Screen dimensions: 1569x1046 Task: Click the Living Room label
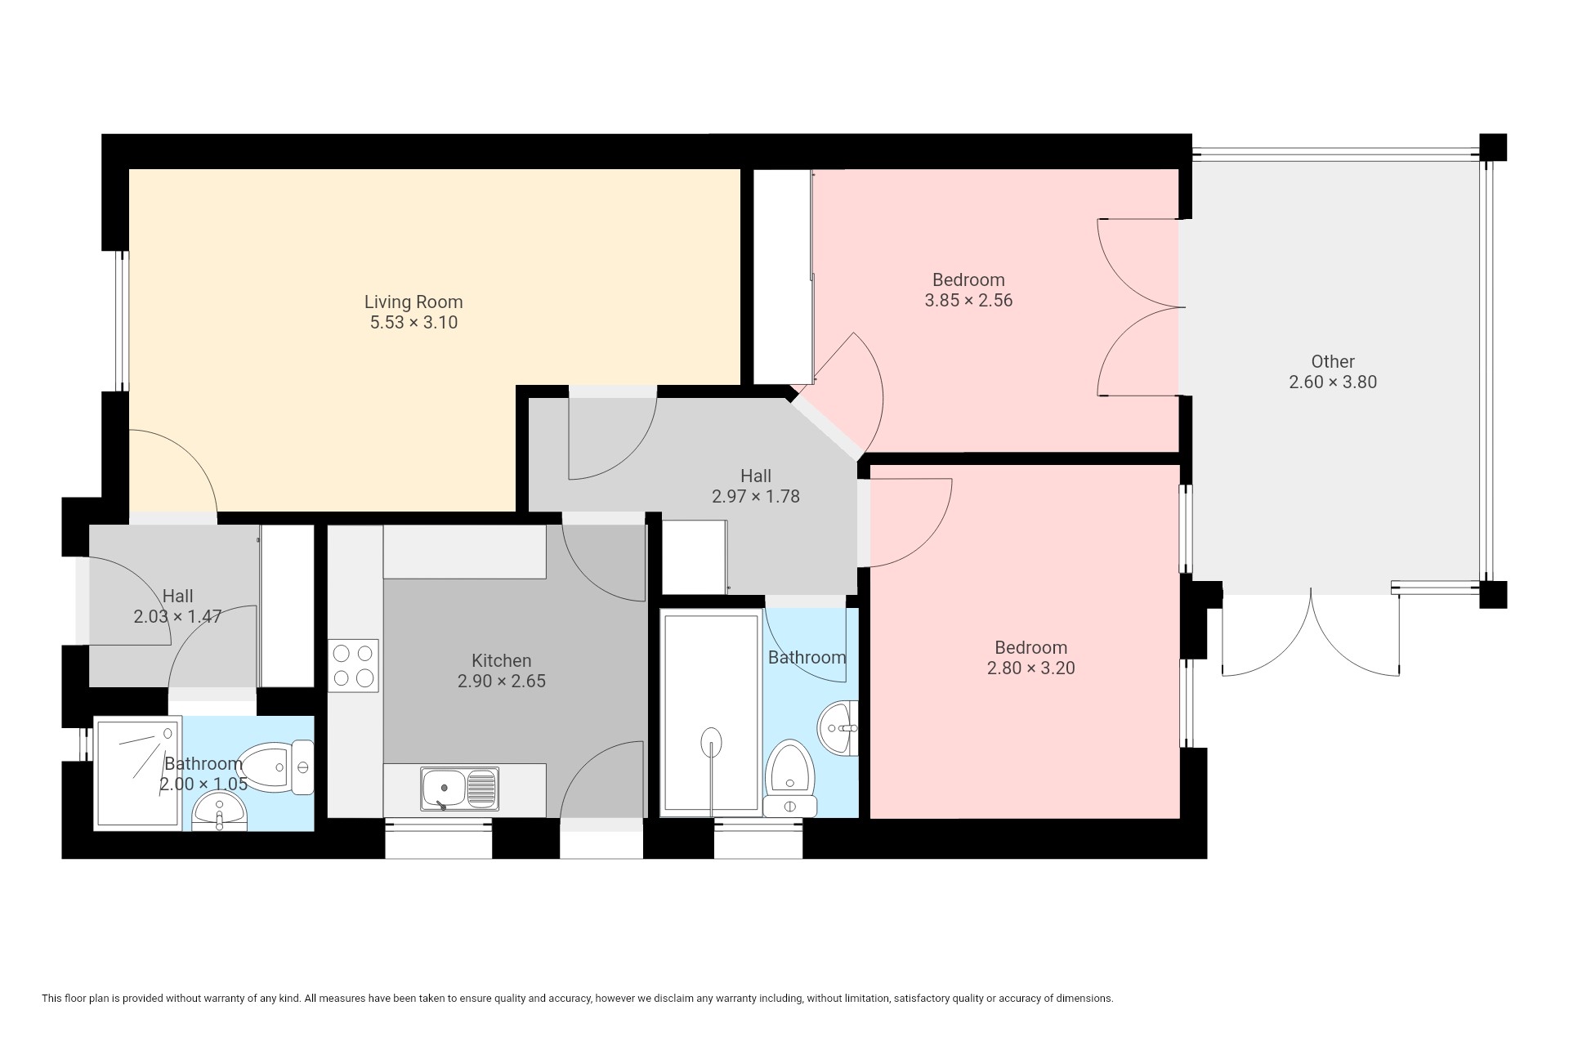[413, 302]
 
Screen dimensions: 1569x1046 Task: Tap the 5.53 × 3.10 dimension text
[413, 323]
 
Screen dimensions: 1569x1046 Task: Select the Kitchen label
[501, 660]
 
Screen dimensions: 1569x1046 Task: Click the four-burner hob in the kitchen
[354, 665]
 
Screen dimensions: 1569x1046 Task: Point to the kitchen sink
[459, 789]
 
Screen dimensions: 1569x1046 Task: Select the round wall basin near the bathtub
[838, 726]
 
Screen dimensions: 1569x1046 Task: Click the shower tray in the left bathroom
[137, 773]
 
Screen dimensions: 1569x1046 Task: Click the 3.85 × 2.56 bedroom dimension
[968, 301]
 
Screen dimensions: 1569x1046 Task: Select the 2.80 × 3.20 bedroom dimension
[1031, 668]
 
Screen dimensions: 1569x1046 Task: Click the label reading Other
[1333, 361]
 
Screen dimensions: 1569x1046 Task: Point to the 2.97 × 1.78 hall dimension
[756, 496]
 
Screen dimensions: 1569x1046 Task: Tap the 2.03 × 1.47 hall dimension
[177, 616]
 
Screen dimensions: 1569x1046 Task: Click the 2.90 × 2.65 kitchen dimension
[501, 681]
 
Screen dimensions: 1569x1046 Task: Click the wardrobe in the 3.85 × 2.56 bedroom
[783, 276]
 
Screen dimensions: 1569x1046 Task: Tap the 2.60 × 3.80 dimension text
[1333, 382]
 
